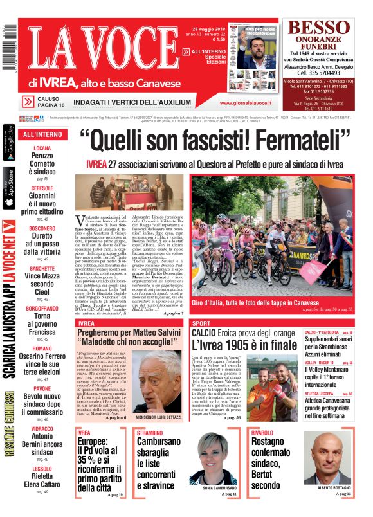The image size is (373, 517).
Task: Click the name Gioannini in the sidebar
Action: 42,196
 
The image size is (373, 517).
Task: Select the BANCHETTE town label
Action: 42,268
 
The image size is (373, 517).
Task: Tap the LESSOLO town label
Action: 42,469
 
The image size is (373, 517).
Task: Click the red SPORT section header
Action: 201,323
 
